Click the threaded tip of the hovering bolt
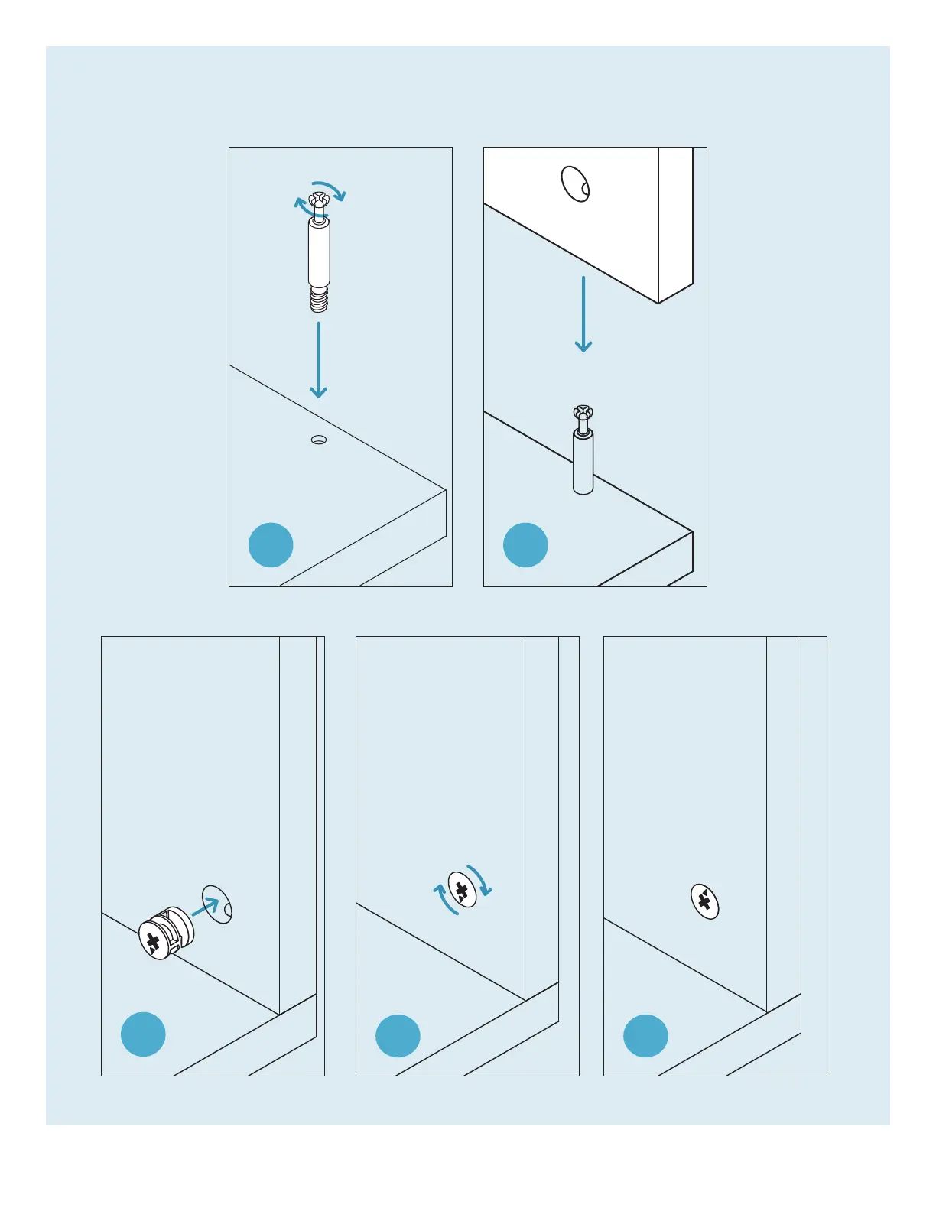click(319, 300)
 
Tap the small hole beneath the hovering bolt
click(319, 440)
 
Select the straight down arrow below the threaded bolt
click(318, 359)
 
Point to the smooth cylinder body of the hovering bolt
click(319, 252)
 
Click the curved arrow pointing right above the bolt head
click(330, 190)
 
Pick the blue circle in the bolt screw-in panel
click(271, 545)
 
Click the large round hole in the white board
click(575, 183)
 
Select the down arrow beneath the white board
click(583, 313)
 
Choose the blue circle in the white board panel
click(525, 545)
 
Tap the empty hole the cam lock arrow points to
click(217, 904)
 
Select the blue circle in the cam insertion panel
click(143, 1034)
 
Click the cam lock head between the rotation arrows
click(462, 889)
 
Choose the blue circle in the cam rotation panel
click(398, 1036)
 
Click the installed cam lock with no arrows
click(705, 901)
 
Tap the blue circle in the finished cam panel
click(645, 1036)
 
